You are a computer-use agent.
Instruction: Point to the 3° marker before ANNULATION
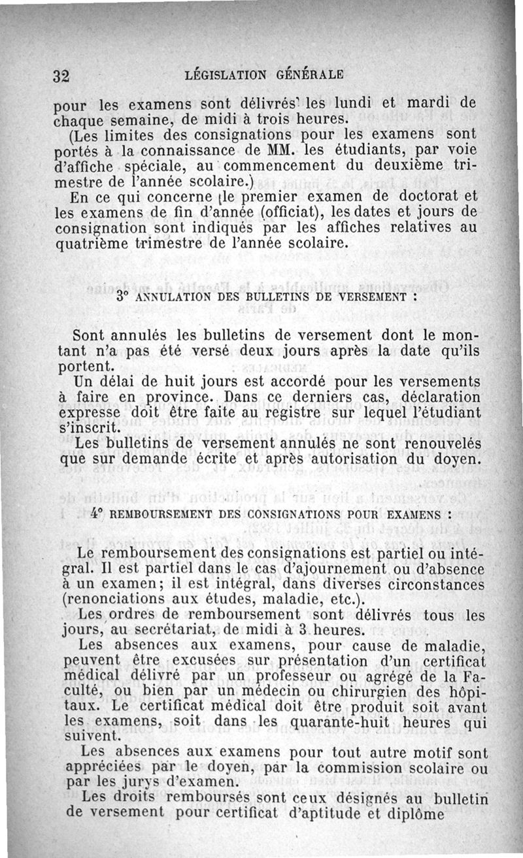121,295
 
